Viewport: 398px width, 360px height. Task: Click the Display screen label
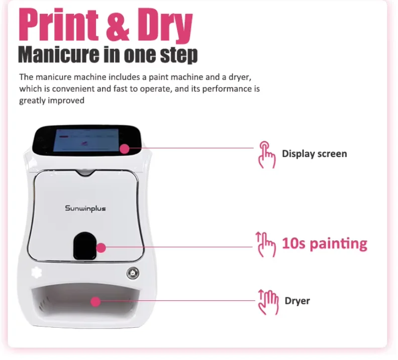pyautogui.click(x=314, y=154)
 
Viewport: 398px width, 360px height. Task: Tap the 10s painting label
pyautogui.click(x=324, y=244)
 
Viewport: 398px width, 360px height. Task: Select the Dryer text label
pyautogui.click(x=297, y=301)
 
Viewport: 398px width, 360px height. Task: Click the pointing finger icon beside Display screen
pyautogui.click(x=266, y=154)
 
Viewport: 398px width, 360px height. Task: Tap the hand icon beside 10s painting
pyautogui.click(x=266, y=244)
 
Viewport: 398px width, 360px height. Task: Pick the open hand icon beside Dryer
pyautogui.click(x=267, y=300)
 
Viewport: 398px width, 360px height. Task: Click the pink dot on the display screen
pyautogui.click(x=124, y=148)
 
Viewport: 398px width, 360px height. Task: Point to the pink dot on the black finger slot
pyautogui.click(x=101, y=247)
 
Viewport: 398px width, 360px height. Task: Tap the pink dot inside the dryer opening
pyautogui.click(x=96, y=301)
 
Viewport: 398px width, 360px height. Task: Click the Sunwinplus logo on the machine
pyautogui.click(x=85, y=208)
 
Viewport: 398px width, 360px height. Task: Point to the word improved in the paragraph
pyautogui.click(x=67, y=100)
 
